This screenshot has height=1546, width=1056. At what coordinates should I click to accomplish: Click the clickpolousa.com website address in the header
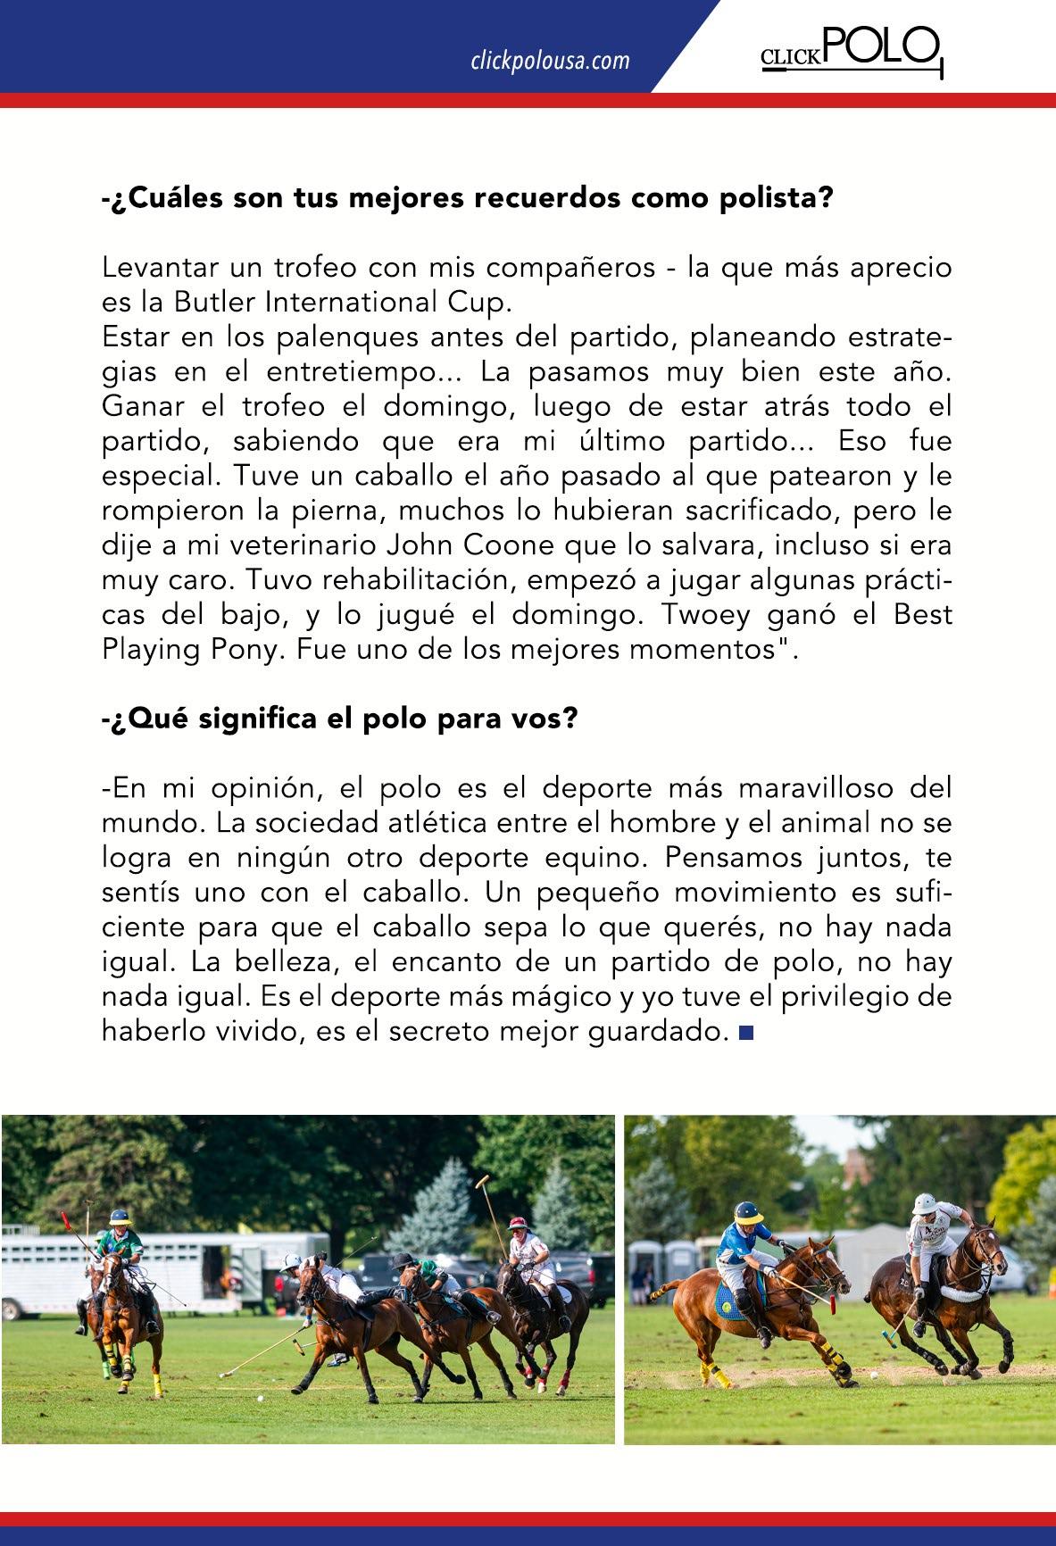(x=550, y=61)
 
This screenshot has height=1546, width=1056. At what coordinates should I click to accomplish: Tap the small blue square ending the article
(x=746, y=1033)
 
